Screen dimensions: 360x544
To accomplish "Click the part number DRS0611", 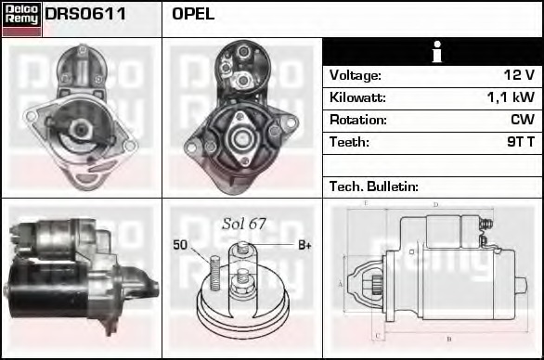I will coord(85,14).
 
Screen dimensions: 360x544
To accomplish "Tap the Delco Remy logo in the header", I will coord(21,18).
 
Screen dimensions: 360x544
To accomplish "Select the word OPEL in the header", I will coord(193,14).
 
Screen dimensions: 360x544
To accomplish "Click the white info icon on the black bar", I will coord(434,52).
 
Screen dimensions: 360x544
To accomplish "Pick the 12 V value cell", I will coord(516,75).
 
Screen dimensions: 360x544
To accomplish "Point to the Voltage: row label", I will coord(356,75).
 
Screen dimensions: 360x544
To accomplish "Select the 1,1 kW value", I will coord(510,97).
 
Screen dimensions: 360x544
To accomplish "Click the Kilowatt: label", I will coord(357,97).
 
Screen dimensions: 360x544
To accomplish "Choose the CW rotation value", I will coord(522,120).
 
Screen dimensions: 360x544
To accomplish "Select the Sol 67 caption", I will coord(243,224).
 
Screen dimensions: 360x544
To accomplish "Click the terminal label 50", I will coord(180,245).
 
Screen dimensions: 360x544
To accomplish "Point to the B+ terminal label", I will coord(304,245).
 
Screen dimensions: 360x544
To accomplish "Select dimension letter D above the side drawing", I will coord(435,205).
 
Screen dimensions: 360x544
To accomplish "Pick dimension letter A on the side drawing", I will coord(341,283).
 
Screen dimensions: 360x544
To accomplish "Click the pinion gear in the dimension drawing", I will coord(377,282).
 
